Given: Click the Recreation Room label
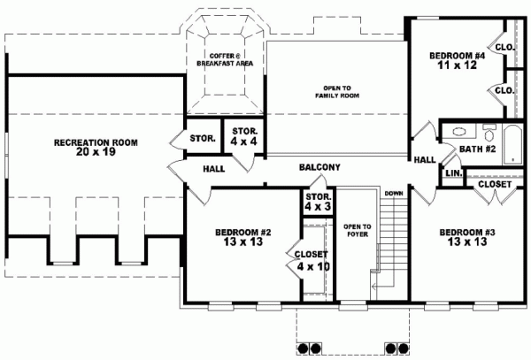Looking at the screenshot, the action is point(96,142).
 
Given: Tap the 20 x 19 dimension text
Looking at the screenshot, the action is point(96,152).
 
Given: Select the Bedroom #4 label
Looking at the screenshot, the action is point(458,56).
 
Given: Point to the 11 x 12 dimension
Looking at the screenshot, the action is point(458,65).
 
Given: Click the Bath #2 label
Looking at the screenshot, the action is point(478,149).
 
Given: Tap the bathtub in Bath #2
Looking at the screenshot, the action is point(512,145).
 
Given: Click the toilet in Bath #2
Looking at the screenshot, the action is point(489,133).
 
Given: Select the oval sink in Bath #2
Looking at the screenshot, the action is point(458,132).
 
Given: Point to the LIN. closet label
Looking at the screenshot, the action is point(454,173).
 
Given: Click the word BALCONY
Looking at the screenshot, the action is point(319,167).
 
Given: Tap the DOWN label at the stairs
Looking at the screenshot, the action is point(394,194).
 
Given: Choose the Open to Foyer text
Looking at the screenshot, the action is point(358,230).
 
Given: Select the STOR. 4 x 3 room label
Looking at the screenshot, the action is point(318,202).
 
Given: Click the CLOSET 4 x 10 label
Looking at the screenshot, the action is point(312,261).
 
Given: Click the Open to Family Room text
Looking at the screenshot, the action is point(337,92).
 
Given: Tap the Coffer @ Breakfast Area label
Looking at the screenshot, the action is point(225,59).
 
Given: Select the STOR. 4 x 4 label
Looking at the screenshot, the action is point(244,136).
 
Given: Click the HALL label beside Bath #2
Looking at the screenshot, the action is point(425,160).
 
